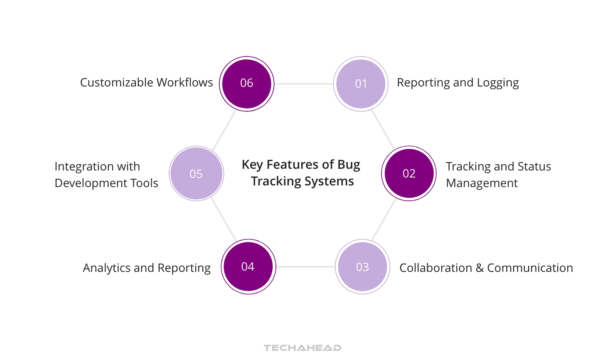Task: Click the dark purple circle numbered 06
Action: pyautogui.click(x=247, y=84)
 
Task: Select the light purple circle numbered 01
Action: pyautogui.click(x=361, y=84)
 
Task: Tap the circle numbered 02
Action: pyautogui.click(x=409, y=173)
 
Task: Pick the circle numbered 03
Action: pyautogui.click(x=362, y=266)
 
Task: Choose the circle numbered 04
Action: pyautogui.click(x=248, y=266)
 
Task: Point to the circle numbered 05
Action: pyautogui.click(x=196, y=173)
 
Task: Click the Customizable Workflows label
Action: pyautogui.click(x=146, y=83)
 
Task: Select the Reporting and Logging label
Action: pyautogui.click(x=457, y=83)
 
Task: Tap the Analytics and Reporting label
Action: pyautogui.click(x=147, y=268)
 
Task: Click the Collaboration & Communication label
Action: pyautogui.click(x=486, y=268)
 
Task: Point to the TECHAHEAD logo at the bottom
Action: pyautogui.click(x=302, y=348)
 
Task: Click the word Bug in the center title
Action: pyautogui.click(x=349, y=165)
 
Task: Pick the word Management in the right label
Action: pyautogui.click(x=482, y=183)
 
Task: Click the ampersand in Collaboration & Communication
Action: pyautogui.click(x=480, y=268)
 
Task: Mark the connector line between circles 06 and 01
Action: pyautogui.click(x=304, y=84)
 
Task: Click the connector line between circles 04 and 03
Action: pyautogui.click(x=305, y=266)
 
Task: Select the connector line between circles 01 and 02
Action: pyautogui.click(x=383, y=130)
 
